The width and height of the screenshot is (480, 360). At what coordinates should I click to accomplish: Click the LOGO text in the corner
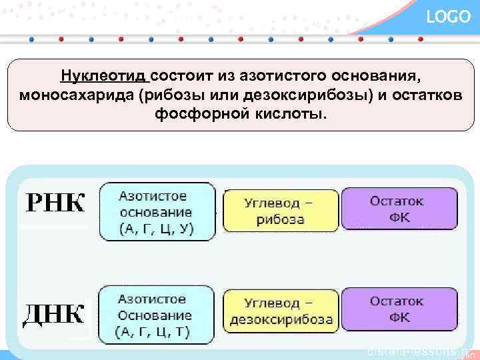pyautogui.click(x=448, y=17)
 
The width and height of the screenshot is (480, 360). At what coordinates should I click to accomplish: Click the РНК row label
pyautogui.click(x=56, y=203)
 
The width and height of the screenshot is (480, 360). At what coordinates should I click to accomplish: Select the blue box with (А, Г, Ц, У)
pyautogui.click(x=157, y=211)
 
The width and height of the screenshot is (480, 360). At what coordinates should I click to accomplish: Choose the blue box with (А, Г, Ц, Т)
pyautogui.click(x=157, y=315)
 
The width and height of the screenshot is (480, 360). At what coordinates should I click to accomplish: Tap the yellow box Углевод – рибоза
pyautogui.click(x=281, y=210)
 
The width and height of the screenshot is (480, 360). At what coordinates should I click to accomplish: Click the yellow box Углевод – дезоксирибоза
pyautogui.click(x=281, y=311)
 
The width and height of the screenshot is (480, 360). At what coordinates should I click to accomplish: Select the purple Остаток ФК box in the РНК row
pyautogui.click(x=399, y=209)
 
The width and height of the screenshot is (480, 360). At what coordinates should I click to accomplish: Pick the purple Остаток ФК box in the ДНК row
pyautogui.click(x=399, y=311)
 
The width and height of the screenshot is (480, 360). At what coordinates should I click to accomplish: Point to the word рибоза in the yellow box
pyautogui.click(x=283, y=219)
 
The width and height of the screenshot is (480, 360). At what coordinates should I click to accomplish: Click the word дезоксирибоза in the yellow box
pyautogui.click(x=281, y=320)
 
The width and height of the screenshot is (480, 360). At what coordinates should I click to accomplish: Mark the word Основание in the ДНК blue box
pyautogui.click(x=155, y=315)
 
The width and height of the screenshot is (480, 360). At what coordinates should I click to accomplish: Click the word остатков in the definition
pyautogui.click(x=425, y=93)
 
